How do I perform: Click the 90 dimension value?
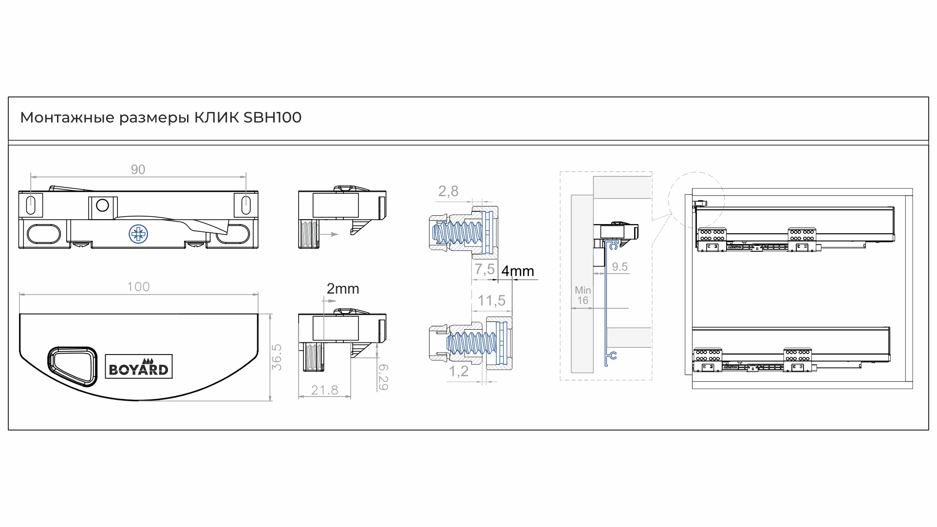coord(138,169)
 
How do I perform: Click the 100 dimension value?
coord(138,287)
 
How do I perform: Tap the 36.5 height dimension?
coord(277,357)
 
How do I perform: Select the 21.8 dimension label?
coord(324,390)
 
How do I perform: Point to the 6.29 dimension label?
coord(383,377)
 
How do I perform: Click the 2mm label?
coord(343,289)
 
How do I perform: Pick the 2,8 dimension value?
coord(448,191)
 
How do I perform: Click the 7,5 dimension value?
coord(485,269)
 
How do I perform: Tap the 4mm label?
coord(518,271)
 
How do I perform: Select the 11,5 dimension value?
coord(491,301)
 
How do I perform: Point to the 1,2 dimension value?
coord(458,371)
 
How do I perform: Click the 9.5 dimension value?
coord(619,267)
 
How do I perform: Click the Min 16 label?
coord(582,295)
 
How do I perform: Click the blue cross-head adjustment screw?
coord(138,234)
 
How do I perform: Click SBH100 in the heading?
coord(273,117)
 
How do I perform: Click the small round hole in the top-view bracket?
coord(102,206)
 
